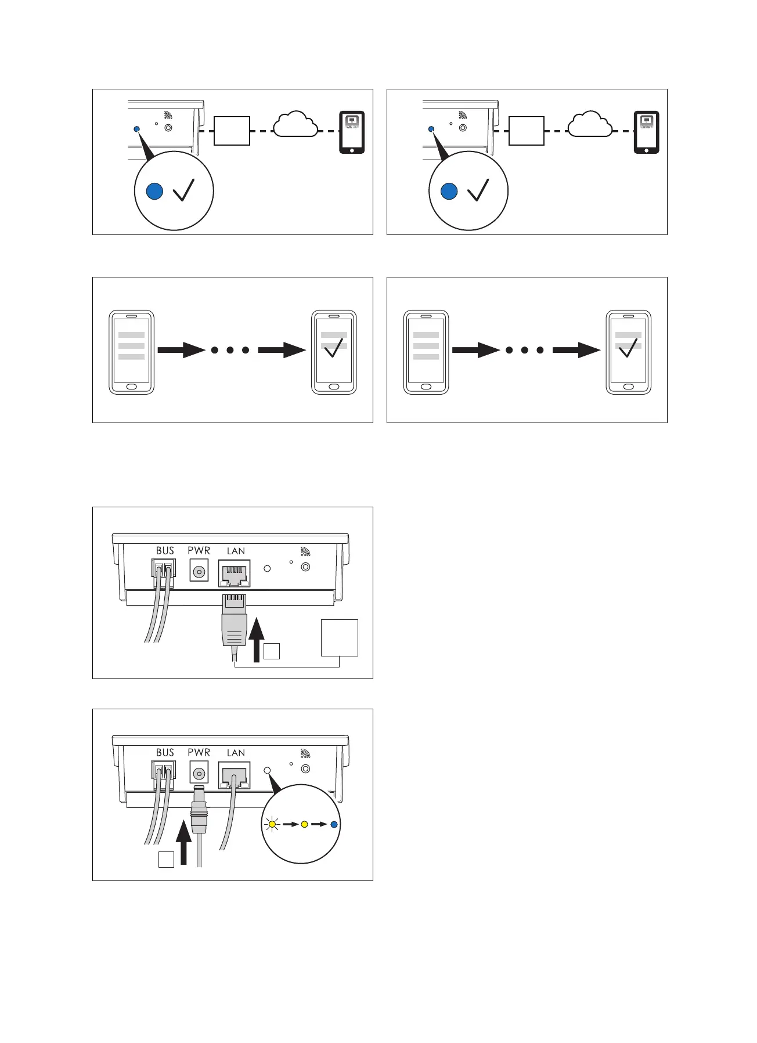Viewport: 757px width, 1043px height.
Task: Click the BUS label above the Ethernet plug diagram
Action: (165, 550)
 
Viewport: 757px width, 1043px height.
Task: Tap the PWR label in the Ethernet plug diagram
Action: (199, 550)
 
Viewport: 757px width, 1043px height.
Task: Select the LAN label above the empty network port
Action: (236, 551)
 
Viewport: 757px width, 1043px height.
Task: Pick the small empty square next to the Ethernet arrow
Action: (272, 651)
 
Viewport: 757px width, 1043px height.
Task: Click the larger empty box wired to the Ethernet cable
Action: (340, 638)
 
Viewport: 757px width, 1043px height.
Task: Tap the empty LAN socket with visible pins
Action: (234, 573)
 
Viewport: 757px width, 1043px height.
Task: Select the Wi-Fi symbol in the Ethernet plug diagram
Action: (305, 551)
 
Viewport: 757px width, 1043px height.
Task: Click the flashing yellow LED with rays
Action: (272, 824)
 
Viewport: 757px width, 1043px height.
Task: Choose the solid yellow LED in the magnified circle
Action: (304, 824)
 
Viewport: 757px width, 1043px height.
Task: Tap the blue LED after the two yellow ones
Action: (334, 824)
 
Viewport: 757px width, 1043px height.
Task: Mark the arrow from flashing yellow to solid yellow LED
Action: (290, 824)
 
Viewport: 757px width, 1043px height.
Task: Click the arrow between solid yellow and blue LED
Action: (319, 824)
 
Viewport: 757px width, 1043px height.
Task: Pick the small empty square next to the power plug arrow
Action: (166, 859)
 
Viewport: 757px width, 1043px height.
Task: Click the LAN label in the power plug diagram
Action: (236, 753)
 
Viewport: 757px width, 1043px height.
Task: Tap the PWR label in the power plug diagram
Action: (199, 752)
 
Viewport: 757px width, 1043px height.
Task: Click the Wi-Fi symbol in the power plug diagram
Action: (305, 753)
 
